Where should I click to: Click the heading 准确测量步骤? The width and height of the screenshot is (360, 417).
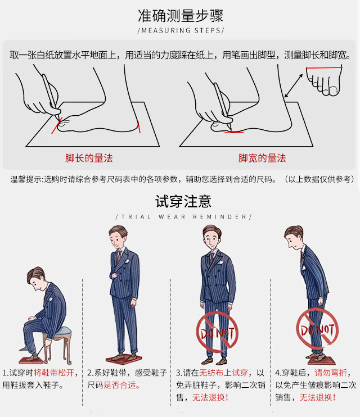coord(181,16)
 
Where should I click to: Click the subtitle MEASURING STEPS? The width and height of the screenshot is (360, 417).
coord(181,30)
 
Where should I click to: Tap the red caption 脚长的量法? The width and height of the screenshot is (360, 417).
coord(89,158)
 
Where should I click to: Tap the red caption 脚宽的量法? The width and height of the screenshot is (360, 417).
coord(262,158)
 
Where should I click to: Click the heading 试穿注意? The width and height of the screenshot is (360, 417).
coord(183,201)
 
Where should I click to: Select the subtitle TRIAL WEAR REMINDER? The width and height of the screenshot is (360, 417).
coord(184,217)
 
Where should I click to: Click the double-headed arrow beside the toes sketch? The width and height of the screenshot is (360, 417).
coord(294,85)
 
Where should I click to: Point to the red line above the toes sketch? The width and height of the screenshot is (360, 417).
coord(324,68)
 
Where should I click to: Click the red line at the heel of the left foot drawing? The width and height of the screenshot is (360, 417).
coord(139,128)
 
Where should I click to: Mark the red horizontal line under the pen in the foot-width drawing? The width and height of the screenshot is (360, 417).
coord(234,132)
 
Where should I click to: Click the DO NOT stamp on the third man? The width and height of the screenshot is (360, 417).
coord(217,332)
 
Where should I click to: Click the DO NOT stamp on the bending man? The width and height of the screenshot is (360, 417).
coord(317,329)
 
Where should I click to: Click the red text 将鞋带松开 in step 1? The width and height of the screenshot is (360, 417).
coord(53,373)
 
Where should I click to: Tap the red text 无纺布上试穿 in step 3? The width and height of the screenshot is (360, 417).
coord(224,373)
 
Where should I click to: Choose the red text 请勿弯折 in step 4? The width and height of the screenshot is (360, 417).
coord(331,373)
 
